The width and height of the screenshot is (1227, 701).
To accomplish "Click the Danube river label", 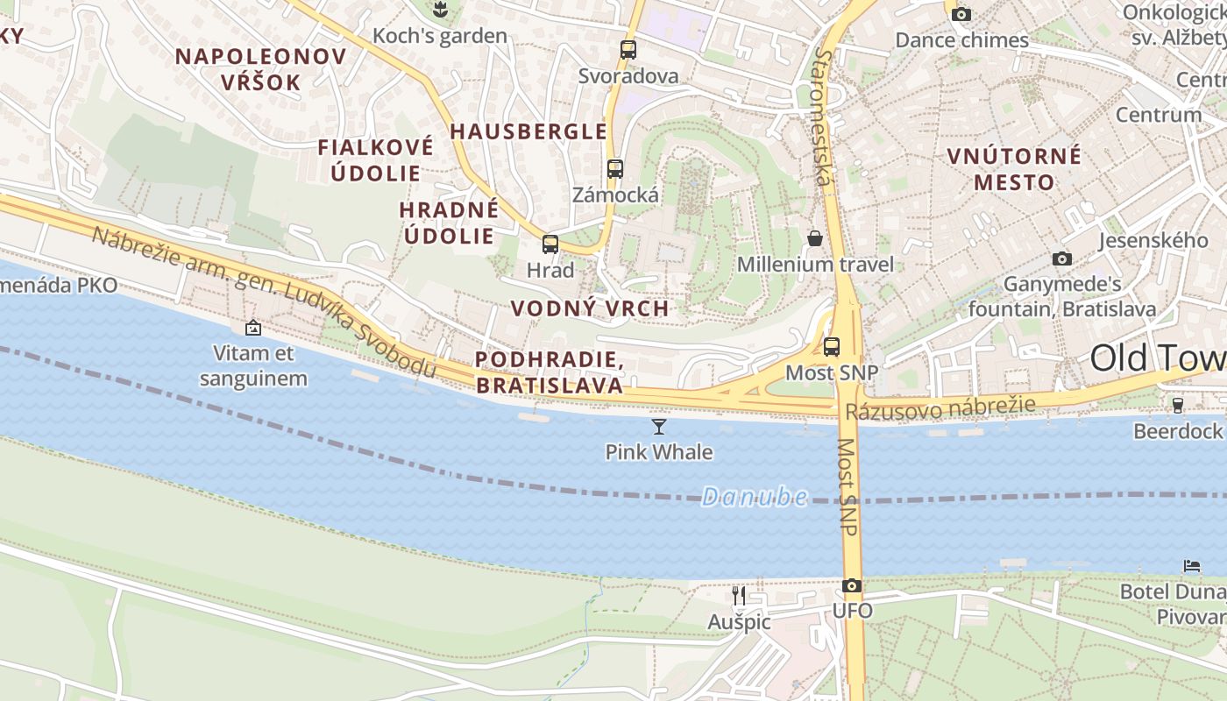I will [x=754, y=497].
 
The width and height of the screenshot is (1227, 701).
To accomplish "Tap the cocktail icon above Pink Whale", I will [x=659, y=427].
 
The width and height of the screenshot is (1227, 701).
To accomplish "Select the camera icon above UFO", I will [x=851, y=585].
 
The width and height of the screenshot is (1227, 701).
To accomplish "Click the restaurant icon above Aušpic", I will [x=739, y=596].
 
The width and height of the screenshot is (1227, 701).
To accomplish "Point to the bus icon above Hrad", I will [x=550, y=244].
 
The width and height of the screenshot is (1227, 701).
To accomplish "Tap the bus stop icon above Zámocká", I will [x=615, y=169].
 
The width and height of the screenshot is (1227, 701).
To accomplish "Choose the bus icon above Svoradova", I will [x=628, y=50].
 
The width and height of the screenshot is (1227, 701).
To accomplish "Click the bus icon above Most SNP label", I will [x=831, y=346].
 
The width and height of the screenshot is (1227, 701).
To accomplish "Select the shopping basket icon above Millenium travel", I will [x=815, y=238].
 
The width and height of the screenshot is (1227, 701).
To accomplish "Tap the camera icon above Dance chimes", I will [x=961, y=14].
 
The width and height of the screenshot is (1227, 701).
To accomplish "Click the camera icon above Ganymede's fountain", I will [x=1062, y=258].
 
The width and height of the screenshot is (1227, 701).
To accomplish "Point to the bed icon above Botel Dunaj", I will [x=1192, y=565].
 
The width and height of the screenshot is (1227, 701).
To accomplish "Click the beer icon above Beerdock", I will [x=1178, y=405].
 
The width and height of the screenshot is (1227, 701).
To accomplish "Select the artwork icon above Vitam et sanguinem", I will [x=253, y=328].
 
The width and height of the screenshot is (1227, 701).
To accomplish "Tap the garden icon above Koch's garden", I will [x=439, y=11].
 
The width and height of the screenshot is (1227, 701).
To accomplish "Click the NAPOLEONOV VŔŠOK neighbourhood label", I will [x=261, y=69].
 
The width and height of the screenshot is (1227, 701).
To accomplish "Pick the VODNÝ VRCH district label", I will [x=590, y=308].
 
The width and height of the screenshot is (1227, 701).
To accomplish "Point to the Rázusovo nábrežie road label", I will [x=940, y=407].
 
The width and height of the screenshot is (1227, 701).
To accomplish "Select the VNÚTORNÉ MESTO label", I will [x=1014, y=169].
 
